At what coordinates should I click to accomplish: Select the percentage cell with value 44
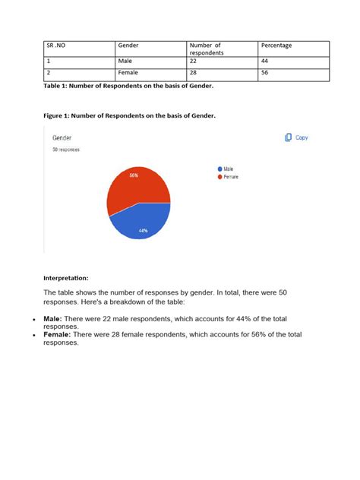click(x=265, y=62)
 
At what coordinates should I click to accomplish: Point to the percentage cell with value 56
click(x=265, y=73)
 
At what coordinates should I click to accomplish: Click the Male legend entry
click(x=227, y=169)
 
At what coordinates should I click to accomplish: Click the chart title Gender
click(x=62, y=138)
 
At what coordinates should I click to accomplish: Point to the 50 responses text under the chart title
click(x=65, y=150)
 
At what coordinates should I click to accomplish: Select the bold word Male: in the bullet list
click(x=52, y=319)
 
